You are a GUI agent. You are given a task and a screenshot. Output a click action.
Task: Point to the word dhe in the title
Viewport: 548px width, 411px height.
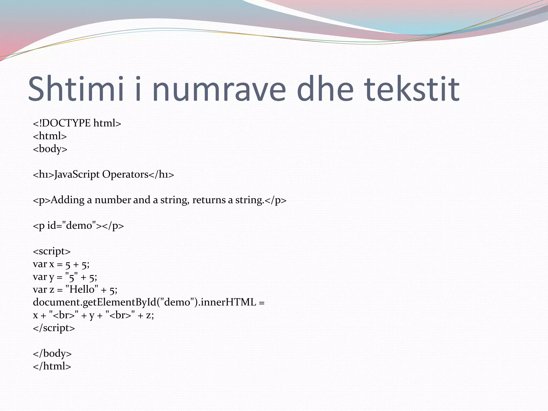click(x=325, y=89)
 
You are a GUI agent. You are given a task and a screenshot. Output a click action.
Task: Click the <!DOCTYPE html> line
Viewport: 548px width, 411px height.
click(x=77, y=123)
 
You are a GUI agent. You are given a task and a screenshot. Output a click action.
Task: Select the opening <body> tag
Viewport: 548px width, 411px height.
click(x=50, y=149)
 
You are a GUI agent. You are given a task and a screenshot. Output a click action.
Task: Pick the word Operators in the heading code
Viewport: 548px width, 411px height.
click(x=125, y=175)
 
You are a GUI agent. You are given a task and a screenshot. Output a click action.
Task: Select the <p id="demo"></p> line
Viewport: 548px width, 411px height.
click(x=78, y=226)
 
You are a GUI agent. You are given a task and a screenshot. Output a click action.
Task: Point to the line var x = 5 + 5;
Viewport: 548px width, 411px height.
click(x=61, y=264)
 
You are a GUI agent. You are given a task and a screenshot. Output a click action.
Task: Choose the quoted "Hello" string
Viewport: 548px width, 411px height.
click(x=82, y=290)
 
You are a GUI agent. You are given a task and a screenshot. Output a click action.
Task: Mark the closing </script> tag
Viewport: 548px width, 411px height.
click(x=54, y=328)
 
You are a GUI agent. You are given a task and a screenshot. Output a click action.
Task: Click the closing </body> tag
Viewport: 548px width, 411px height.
click(x=52, y=353)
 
